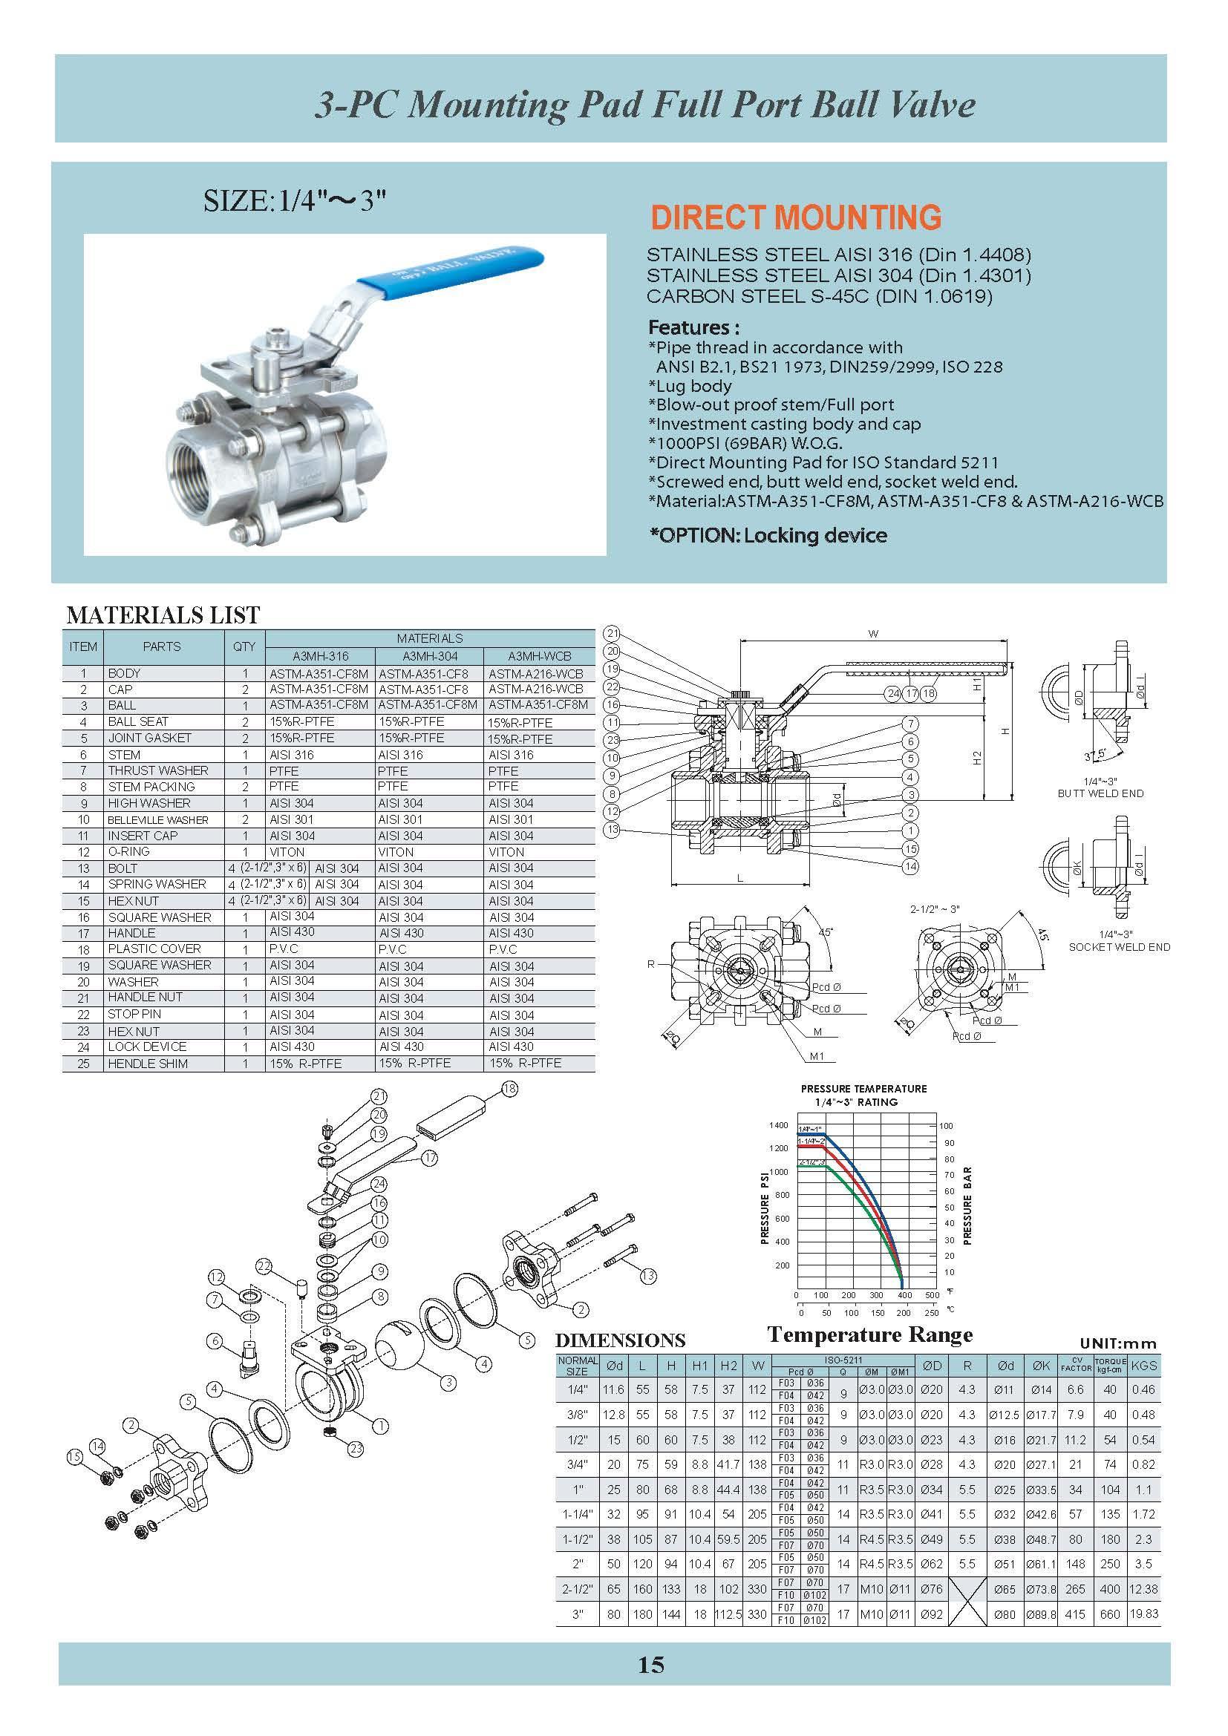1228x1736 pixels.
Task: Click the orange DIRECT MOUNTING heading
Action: click(x=795, y=217)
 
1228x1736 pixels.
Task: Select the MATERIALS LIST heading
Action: click(x=163, y=615)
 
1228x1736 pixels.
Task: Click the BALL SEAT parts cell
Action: click(x=138, y=721)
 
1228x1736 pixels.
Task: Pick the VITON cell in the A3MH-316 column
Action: click(x=287, y=851)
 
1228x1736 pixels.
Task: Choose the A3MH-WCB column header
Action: click(x=539, y=655)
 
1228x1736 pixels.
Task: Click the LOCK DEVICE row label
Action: click(x=147, y=1046)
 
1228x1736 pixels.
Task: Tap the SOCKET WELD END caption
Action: click(x=1119, y=946)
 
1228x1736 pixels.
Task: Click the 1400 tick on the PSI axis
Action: click(x=779, y=1125)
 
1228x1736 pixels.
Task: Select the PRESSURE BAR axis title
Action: click(x=967, y=1205)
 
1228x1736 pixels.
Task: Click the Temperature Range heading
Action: click(x=869, y=1334)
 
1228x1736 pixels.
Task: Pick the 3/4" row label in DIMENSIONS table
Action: click(x=577, y=1464)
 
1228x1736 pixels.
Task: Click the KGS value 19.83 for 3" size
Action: click(x=1143, y=1614)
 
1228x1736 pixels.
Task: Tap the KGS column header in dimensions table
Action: click(x=1143, y=1366)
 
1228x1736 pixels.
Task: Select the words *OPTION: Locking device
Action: click(x=768, y=535)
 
